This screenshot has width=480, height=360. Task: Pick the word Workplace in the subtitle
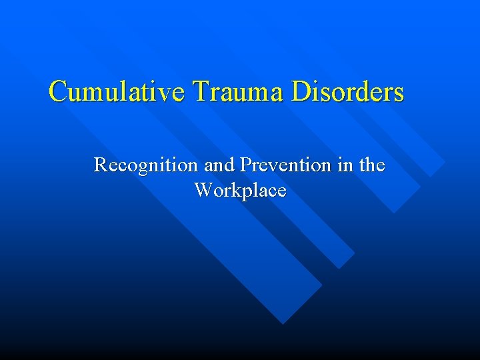click(x=240, y=191)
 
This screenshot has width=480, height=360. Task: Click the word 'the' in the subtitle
click(x=371, y=164)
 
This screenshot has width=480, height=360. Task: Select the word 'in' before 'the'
click(x=343, y=164)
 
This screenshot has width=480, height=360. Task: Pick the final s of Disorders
click(x=398, y=94)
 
